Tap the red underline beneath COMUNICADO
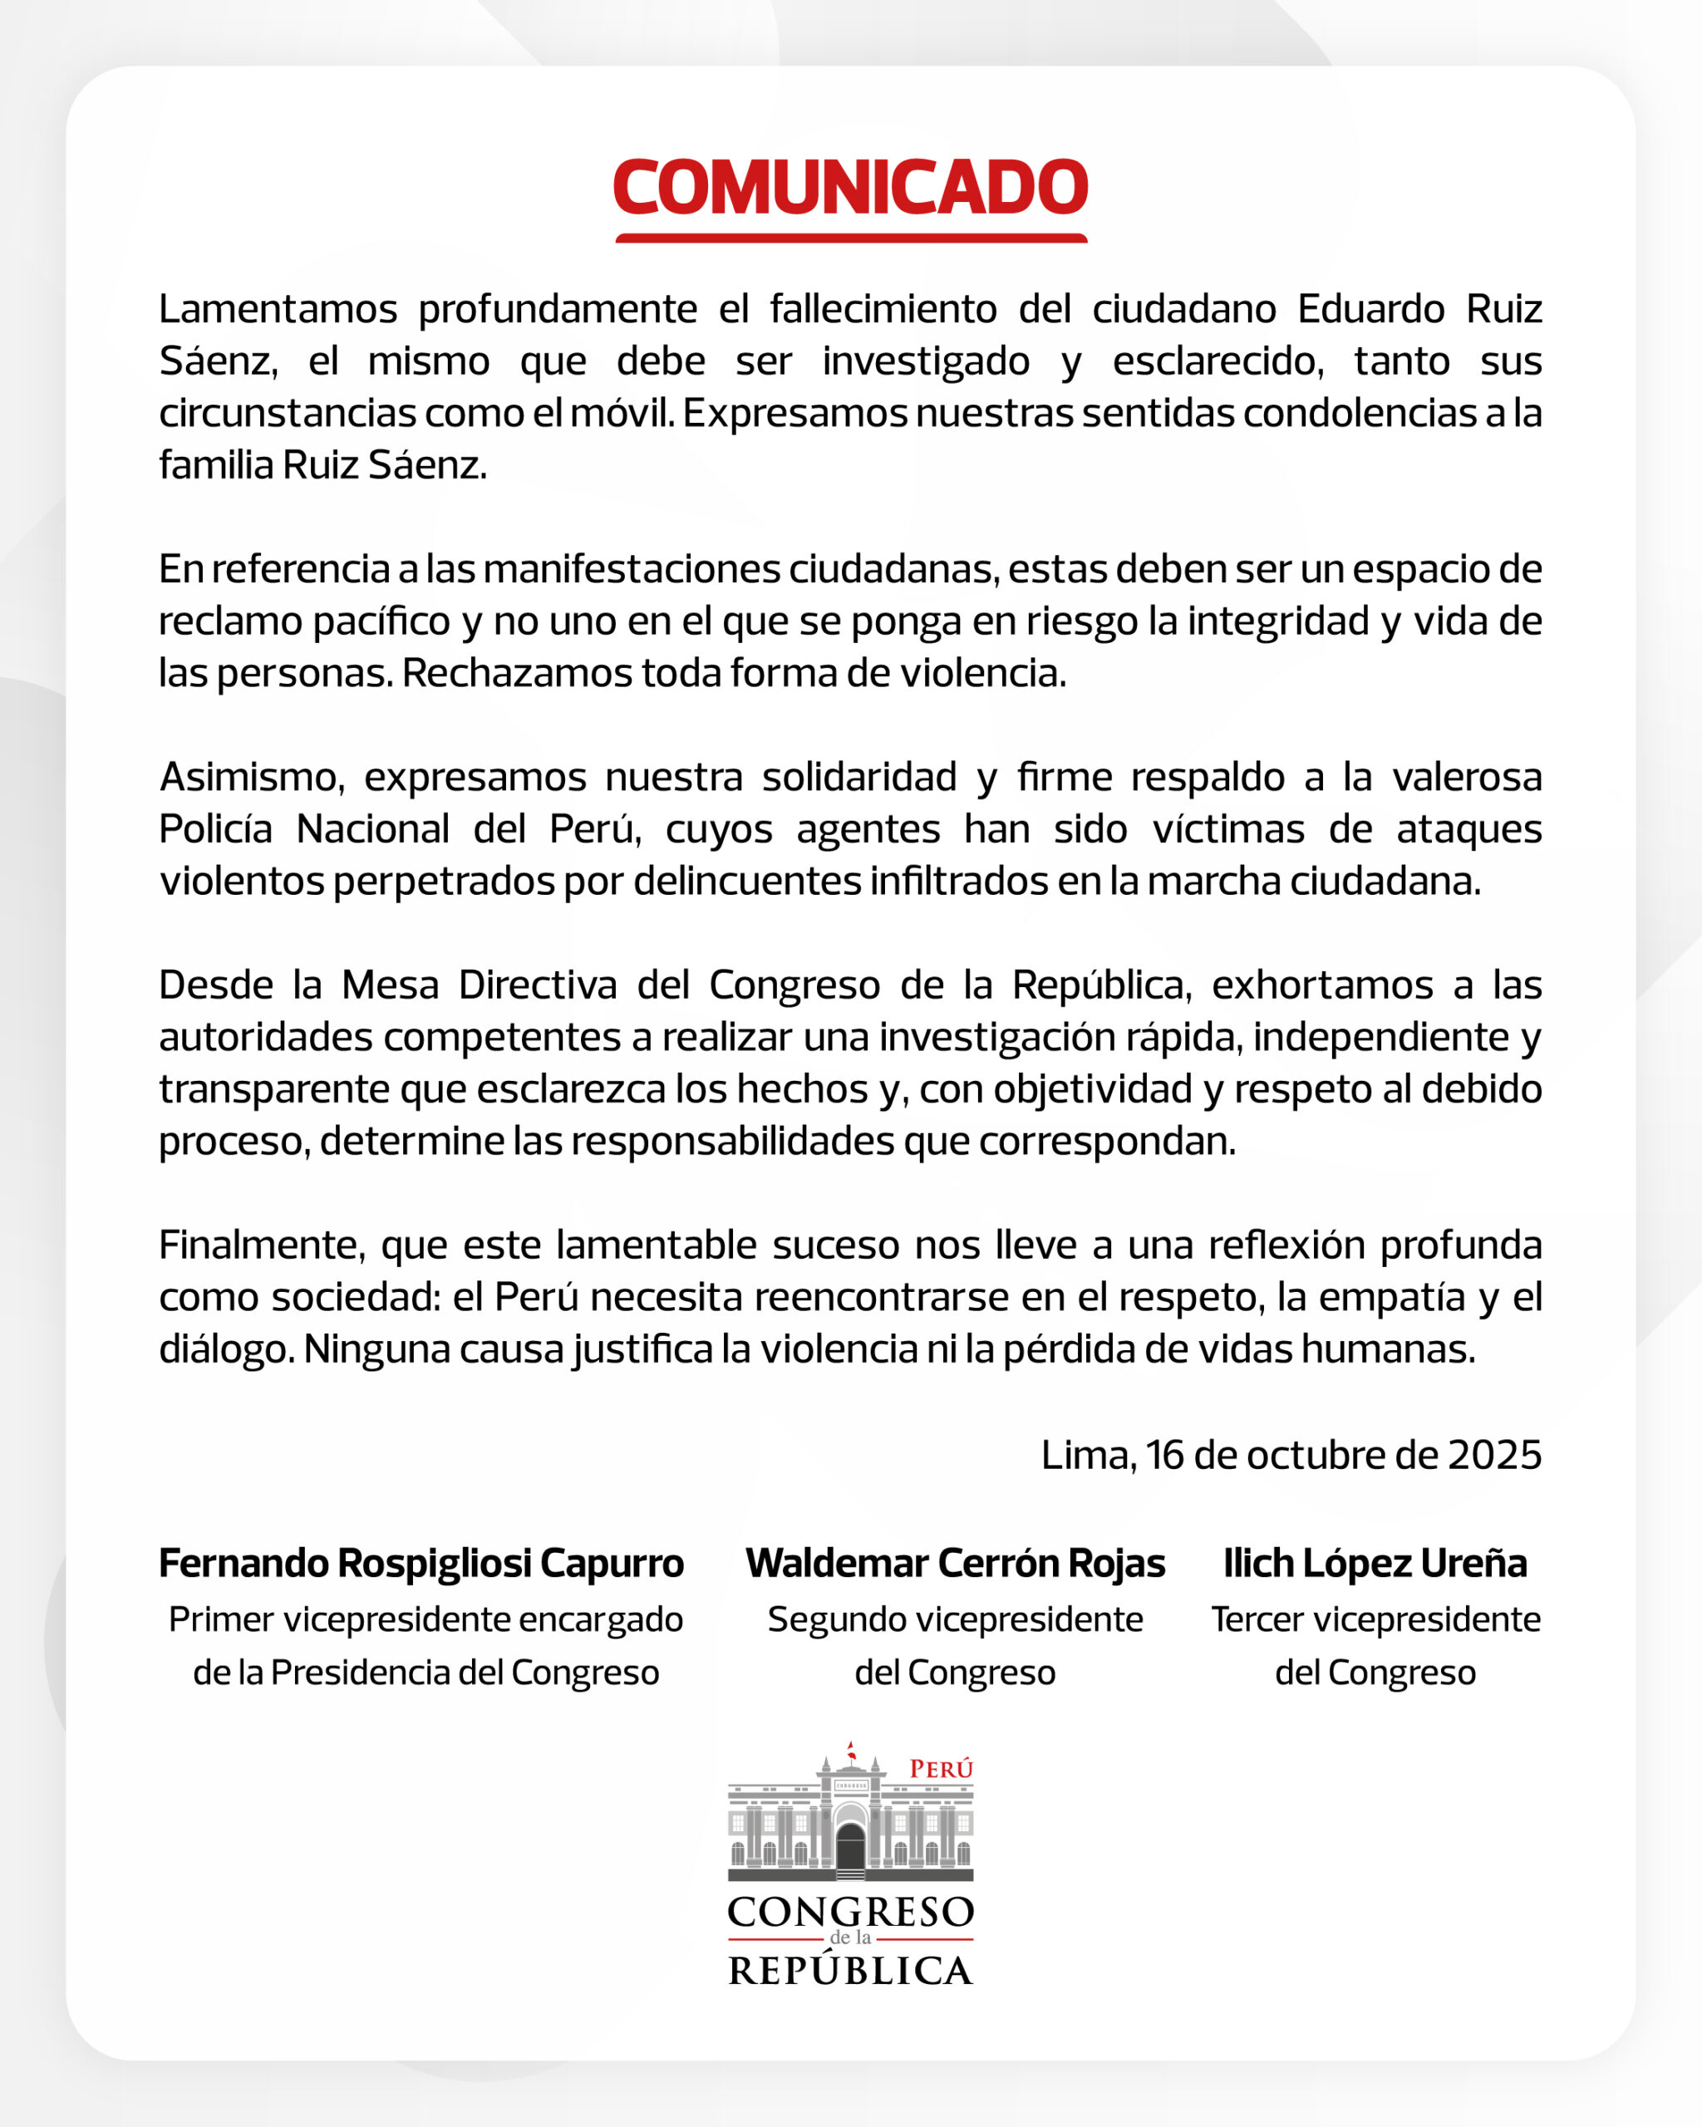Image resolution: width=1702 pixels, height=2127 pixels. (x=850, y=238)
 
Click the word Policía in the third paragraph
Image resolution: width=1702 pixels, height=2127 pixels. (x=215, y=828)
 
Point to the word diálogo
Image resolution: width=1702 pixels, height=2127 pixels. (x=226, y=1349)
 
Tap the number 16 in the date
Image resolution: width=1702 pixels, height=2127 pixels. (x=1164, y=1455)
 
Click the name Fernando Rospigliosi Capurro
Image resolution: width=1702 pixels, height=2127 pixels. (x=421, y=1564)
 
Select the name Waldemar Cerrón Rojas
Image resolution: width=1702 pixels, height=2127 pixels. (x=955, y=1564)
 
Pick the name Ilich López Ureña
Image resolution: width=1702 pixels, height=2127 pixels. (x=1375, y=1564)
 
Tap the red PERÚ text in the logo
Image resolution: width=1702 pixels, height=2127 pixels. (x=940, y=1770)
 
